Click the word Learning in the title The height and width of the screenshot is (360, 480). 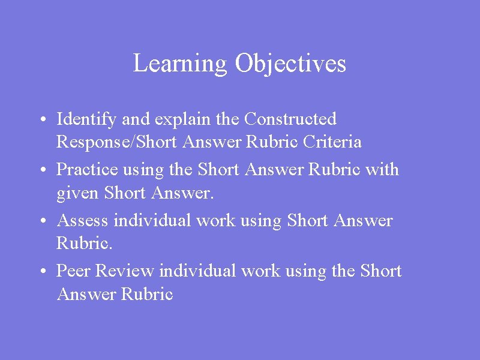180,64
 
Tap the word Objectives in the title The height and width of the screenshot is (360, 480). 290,64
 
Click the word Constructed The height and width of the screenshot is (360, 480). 290,119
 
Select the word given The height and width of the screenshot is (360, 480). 77,194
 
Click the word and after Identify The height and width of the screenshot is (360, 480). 136,120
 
